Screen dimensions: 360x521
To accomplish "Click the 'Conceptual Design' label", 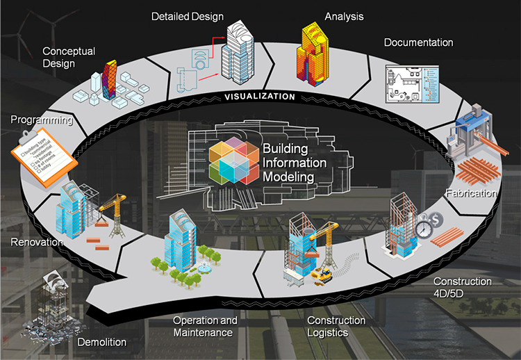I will (x=68, y=57).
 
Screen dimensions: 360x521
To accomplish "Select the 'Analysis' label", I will (x=344, y=16).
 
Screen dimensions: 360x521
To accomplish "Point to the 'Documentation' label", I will (x=418, y=42).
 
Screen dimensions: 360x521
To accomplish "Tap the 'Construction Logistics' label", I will (x=336, y=327).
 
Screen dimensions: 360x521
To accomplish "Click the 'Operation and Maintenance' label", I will (x=205, y=327).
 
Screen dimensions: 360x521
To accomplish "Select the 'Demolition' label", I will (x=103, y=342).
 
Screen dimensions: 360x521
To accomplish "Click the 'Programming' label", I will (x=42, y=120).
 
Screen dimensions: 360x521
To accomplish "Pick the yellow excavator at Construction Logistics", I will (x=324, y=275).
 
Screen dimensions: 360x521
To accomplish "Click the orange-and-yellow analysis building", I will (x=315, y=51).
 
